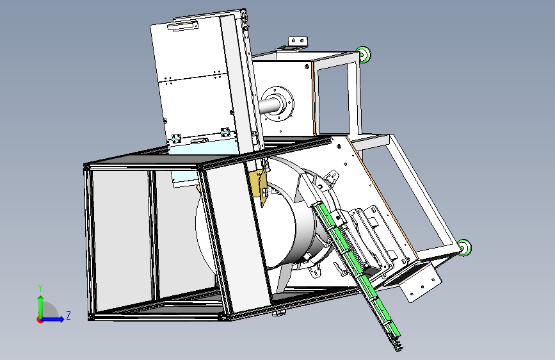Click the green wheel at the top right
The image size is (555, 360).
364,54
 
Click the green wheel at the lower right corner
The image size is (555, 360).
464,247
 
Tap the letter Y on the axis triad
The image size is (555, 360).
40,288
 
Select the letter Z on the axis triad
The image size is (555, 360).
68,315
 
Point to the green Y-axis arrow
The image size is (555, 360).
41,307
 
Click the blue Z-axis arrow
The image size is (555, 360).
52,319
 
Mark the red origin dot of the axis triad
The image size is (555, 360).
40,320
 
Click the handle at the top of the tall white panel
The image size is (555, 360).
182,26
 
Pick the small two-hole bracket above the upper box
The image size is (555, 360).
298,42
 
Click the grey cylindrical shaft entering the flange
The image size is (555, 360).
268,106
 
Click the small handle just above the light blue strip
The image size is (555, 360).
199,141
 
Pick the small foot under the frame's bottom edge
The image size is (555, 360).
279,313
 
